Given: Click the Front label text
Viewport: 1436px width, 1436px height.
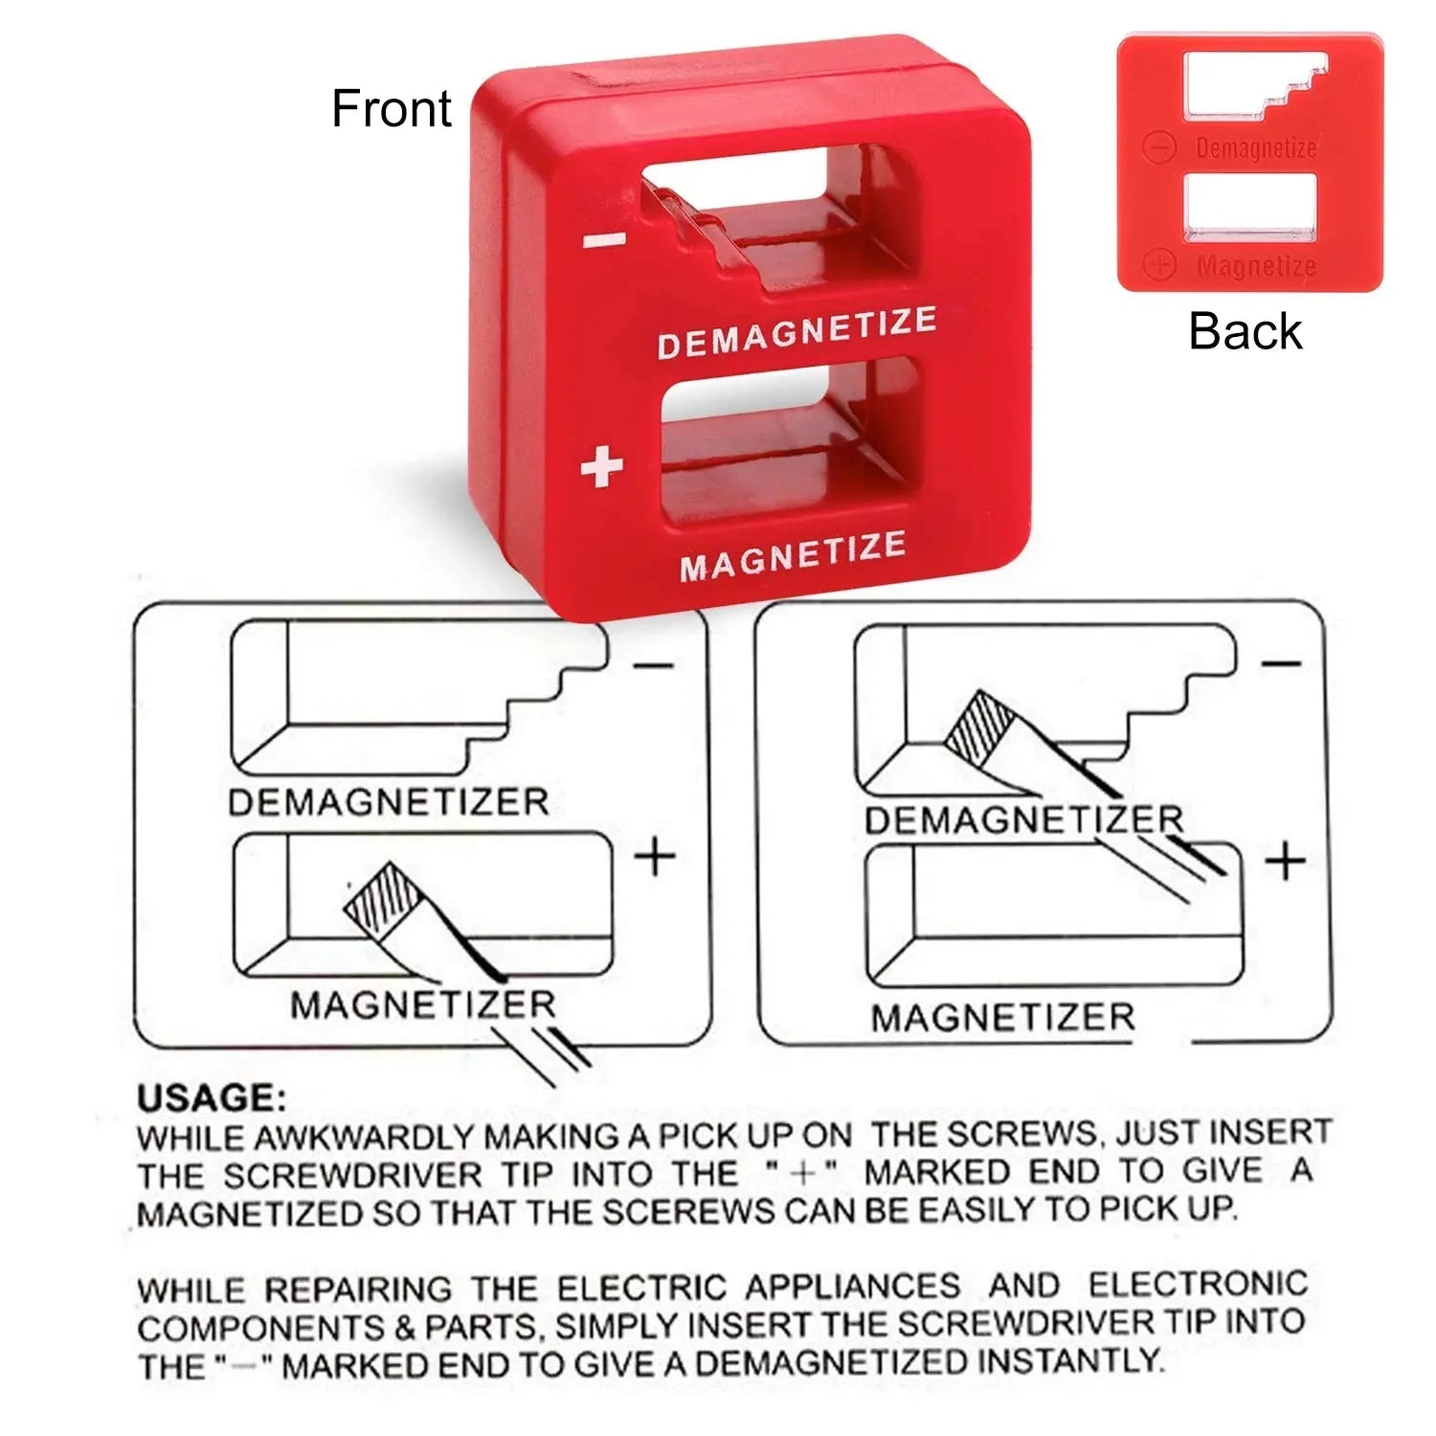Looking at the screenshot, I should [391, 108].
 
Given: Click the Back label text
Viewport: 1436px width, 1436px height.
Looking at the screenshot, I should [1245, 331].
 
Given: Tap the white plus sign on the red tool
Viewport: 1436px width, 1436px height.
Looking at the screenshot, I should [602, 466].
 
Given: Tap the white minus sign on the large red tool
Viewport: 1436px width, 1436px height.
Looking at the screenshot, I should [605, 240].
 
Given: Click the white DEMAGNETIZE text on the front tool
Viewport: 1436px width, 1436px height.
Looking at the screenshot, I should [797, 332].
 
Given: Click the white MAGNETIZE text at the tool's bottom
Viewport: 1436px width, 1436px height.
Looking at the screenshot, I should [793, 556].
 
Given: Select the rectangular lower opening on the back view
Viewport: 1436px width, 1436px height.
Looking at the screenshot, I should [1251, 204].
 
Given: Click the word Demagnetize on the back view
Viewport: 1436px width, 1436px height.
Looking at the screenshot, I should [1255, 148].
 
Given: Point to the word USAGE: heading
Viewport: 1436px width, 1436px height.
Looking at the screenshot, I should [211, 1098].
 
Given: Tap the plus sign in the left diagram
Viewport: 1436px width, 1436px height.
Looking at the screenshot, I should [656, 855].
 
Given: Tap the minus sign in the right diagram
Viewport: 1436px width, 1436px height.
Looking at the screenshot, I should [1281, 663].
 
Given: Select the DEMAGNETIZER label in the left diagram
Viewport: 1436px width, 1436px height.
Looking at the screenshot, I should [388, 802].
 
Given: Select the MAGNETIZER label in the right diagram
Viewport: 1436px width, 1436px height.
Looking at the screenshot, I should [1002, 1017].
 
